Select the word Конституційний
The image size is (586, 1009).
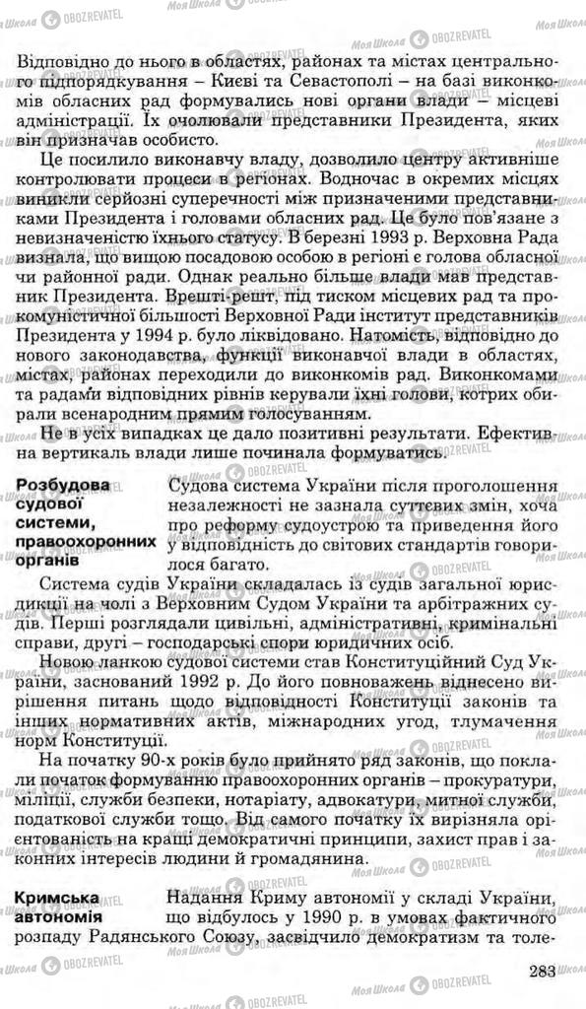pos(421,663)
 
